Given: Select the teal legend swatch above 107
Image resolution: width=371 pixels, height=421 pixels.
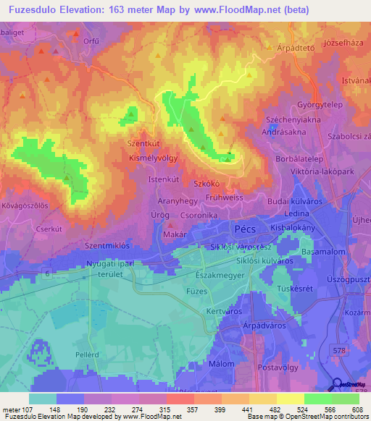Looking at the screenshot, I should pos(43,399).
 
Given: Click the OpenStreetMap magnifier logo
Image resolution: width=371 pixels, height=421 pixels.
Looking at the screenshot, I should pos(336,385).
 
